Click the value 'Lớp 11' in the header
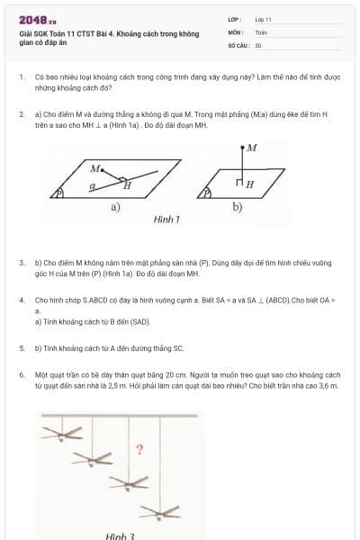pos(263,19)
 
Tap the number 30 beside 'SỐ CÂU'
pos(258,44)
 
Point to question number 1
pos(21,78)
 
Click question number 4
pos(21,299)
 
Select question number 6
pos(21,373)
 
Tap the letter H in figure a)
pos(128,185)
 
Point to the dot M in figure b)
pos(242,148)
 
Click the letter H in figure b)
pos(249,184)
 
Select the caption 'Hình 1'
pos(166,219)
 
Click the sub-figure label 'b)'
pos(237,206)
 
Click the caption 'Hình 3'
pos(120,535)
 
